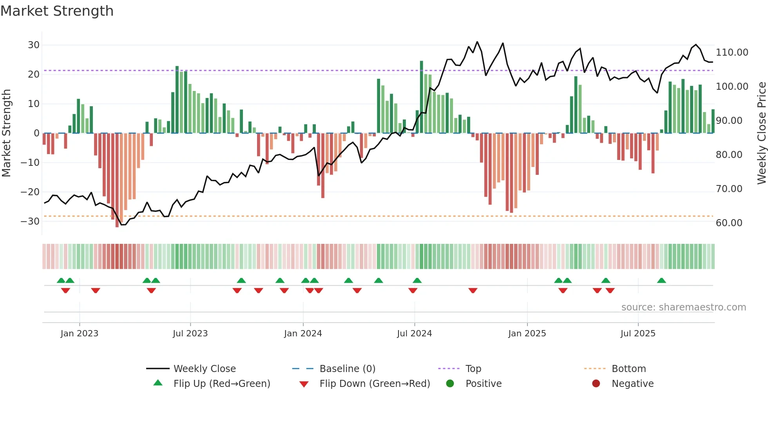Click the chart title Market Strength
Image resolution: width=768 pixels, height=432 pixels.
point(57,11)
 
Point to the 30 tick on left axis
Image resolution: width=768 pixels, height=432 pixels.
point(34,45)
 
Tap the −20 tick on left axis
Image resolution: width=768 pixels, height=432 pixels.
point(30,192)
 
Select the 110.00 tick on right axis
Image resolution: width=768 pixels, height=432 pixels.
point(732,53)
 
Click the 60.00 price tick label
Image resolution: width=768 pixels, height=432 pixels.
point(729,223)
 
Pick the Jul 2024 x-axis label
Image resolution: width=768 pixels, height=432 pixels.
point(414,334)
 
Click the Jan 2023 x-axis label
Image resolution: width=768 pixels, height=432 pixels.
point(79,334)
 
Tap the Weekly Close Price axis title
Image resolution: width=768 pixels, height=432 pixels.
point(761,133)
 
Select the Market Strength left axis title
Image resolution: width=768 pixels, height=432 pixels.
point(6,133)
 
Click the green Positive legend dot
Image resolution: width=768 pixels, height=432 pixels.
point(450,384)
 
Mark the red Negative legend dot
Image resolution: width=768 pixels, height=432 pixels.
point(596,384)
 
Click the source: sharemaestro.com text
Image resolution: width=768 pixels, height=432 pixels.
point(683,307)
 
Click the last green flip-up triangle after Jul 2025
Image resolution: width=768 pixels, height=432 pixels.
point(661,280)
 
